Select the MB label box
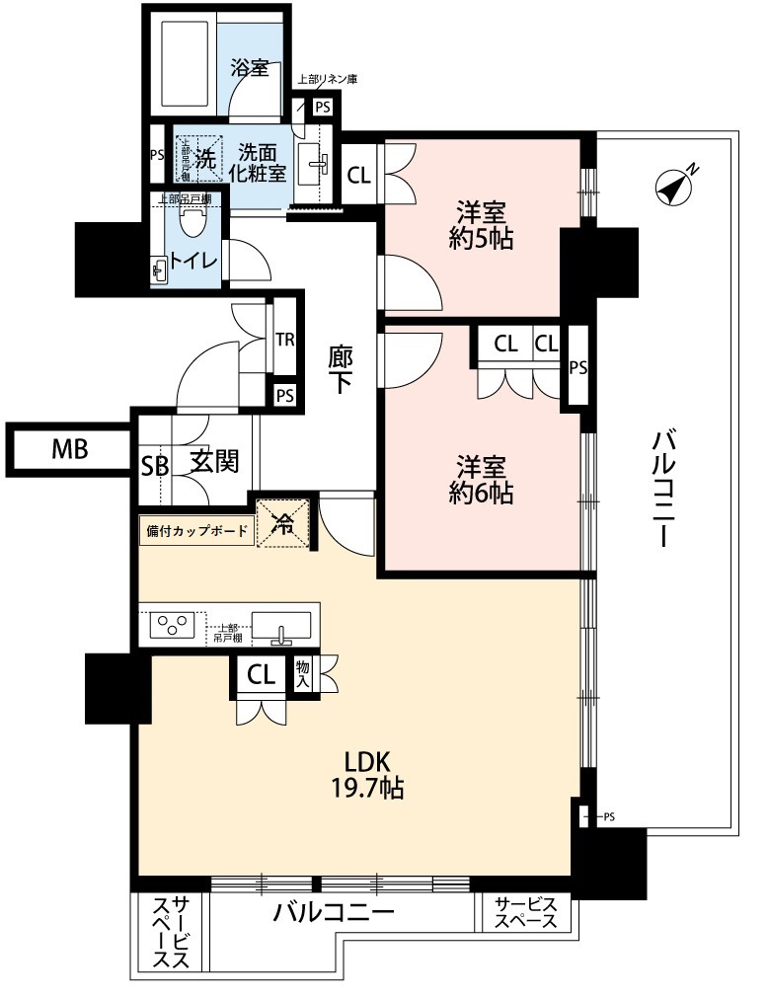click(x=70, y=451)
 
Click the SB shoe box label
click(x=154, y=465)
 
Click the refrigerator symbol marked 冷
click(x=283, y=522)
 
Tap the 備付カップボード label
click(x=196, y=530)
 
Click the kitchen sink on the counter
click(x=281, y=626)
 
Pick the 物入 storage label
click(x=303, y=674)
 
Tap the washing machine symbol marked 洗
click(x=201, y=157)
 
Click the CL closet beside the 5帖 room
click(x=359, y=176)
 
